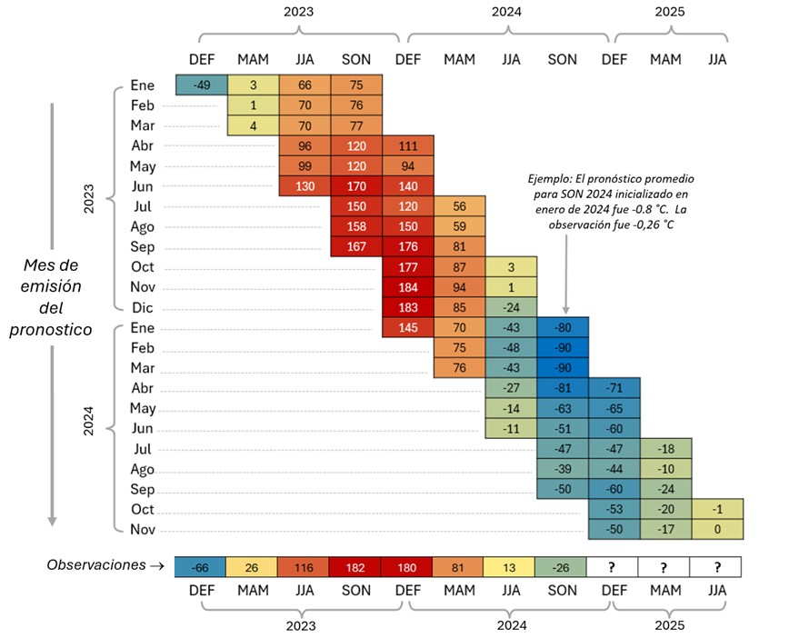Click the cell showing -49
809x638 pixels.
(x=201, y=86)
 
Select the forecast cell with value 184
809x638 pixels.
(x=408, y=287)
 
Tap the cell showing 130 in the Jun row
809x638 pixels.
(x=304, y=186)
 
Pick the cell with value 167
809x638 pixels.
(x=355, y=247)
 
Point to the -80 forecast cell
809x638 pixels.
(x=563, y=327)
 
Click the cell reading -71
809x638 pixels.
(x=614, y=387)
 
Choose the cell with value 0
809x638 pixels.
(x=717, y=528)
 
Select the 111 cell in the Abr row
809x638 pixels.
(x=408, y=146)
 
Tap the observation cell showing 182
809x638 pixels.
(x=355, y=568)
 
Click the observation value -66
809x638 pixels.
(x=201, y=568)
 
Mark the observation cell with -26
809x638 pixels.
(x=563, y=568)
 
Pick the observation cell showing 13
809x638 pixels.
(x=511, y=568)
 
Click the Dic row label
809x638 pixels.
(x=144, y=307)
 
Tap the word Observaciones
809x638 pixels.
(x=95, y=565)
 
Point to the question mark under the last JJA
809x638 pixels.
(x=717, y=568)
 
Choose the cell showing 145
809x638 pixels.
(x=408, y=327)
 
